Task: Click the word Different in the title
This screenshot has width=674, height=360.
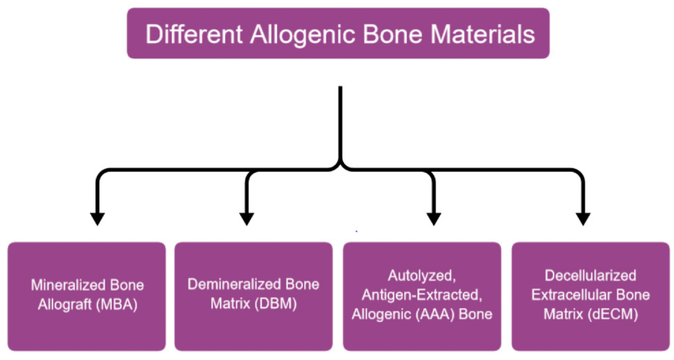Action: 194,34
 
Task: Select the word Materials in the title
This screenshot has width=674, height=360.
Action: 482,34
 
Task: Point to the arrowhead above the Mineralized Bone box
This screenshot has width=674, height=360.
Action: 97,219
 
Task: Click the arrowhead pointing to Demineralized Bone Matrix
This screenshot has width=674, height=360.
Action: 246,219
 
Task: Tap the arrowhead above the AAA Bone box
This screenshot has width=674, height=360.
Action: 434,219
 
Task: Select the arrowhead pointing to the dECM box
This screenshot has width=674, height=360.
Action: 583,219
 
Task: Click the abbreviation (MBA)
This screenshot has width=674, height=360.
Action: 117,305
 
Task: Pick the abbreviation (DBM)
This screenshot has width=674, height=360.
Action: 276,304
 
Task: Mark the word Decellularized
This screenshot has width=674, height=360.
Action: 590,275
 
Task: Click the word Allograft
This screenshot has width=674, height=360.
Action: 65,305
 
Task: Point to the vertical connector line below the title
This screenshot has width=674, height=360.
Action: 340,124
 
